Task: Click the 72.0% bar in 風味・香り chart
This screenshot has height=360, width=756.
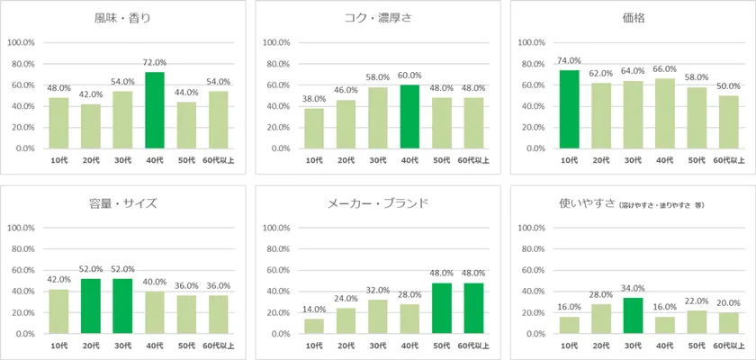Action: point(156,110)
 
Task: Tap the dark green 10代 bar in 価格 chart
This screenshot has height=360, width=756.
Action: point(569,109)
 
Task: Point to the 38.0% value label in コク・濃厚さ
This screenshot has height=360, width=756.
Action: point(314,100)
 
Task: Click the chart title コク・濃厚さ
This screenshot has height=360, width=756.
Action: point(377,17)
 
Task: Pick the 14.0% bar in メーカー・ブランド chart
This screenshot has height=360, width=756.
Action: point(314,326)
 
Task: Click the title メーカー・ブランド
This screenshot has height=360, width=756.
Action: point(377,203)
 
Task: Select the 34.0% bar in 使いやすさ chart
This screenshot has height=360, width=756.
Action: point(632,315)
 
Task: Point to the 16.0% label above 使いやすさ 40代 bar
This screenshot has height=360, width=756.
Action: point(664,307)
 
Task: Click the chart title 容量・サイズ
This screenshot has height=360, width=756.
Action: point(125,203)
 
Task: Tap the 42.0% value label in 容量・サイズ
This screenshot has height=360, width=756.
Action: point(58,280)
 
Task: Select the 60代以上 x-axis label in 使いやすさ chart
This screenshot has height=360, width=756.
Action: point(728,346)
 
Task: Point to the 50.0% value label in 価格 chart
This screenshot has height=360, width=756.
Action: point(728,86)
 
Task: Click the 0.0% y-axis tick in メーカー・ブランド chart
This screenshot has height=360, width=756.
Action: point(276,334)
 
